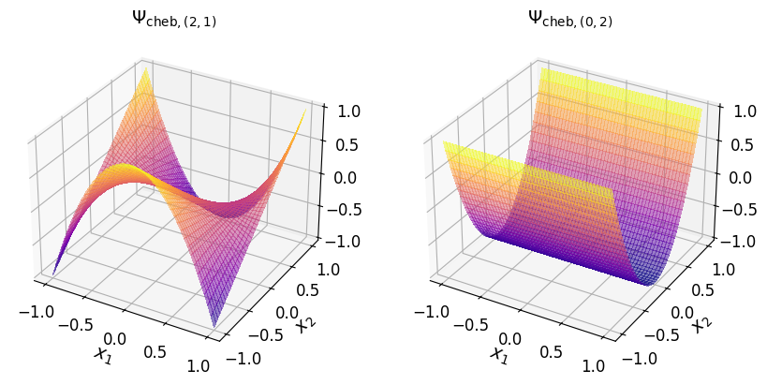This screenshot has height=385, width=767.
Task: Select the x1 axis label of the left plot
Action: click(101, 354)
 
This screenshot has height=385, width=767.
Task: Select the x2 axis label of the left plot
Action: click(303, 323)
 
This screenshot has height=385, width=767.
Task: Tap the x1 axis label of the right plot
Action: click(498, 354)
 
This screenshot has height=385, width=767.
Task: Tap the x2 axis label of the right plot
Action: click(701, 323)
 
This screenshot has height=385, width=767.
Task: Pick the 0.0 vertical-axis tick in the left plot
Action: click(348, 177)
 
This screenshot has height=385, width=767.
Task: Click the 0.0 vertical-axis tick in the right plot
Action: click(745, 177)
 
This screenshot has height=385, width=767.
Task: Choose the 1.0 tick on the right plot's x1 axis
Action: click(596, 366)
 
